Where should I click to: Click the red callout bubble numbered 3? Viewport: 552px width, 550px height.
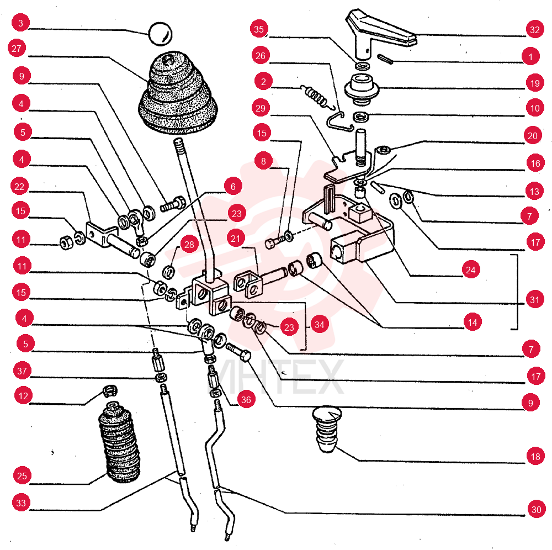coord(21,23)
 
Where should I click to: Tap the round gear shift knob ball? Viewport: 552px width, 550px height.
coord(160,34)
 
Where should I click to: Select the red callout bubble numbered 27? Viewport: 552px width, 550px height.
coord(17,48)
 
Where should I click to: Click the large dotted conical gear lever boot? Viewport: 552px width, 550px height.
coord(178,94)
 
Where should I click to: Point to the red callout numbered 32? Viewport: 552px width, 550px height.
coord(534,30)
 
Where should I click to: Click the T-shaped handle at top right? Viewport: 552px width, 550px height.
coord(379,34)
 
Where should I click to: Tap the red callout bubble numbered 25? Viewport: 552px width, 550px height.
coord(22,475)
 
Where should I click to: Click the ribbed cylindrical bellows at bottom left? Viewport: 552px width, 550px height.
coord(119,442)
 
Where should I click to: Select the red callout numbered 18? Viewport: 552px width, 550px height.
coord(535,457)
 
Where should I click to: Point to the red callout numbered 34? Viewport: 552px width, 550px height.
coord(319,324)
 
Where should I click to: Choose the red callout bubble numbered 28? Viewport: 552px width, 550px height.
coord(189,245)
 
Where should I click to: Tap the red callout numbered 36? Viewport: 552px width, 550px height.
coord(246,400)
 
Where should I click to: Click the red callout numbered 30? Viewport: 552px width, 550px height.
coord(536,510)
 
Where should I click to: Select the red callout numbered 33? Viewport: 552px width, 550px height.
coord(21,503)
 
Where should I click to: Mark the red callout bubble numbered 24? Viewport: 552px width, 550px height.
coord(471,269)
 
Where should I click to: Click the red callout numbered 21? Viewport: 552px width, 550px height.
coord(236,239)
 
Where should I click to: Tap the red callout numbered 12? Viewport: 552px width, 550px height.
coord(23,396)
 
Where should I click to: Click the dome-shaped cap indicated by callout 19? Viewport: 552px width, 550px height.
coord(362,89)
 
